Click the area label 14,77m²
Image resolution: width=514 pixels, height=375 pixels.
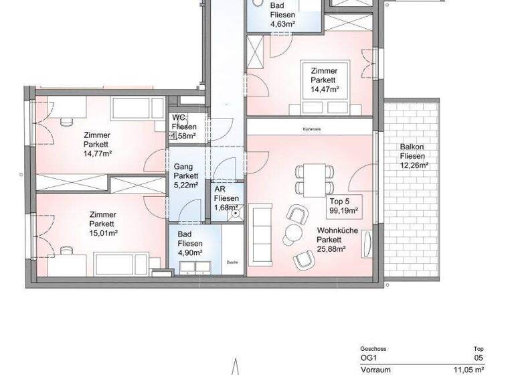(97, 153)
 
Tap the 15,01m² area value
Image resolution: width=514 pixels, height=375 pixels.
(103, 233)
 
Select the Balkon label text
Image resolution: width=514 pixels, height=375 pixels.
(411, 147)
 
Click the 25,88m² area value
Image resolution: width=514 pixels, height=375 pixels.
(332, 250)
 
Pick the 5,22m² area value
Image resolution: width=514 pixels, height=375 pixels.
(185, 186)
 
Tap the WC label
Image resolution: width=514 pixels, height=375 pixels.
(177, 117)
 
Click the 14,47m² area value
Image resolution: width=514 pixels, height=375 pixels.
(324, 88)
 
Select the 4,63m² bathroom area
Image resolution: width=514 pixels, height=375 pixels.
(283, 25)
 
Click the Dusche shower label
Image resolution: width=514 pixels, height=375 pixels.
(232, 262)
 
